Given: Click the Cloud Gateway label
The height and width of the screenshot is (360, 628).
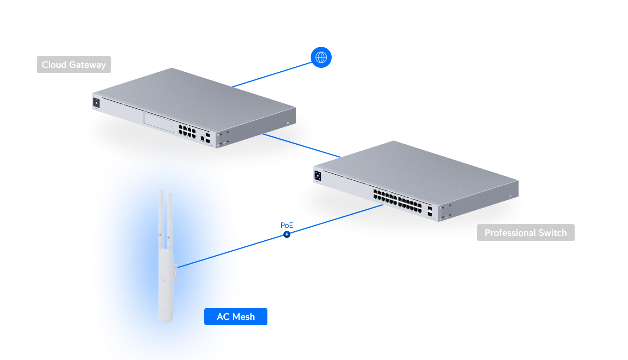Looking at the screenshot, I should [74, 65].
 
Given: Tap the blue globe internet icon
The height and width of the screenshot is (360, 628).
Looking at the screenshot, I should [321, 57].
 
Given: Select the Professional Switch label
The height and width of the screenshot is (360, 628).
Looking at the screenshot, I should [525, 233].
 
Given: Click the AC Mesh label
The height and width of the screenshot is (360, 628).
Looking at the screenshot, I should [236, 317].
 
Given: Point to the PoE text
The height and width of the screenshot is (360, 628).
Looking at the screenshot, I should [287, 225].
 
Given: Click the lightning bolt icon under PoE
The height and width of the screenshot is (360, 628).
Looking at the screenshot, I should [287, 234].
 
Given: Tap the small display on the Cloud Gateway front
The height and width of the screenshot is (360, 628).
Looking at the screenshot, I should [96, 103].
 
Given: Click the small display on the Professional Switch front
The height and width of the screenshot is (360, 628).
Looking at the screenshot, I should [318, 175].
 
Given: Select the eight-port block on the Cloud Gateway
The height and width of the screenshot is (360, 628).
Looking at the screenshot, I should [187, 131].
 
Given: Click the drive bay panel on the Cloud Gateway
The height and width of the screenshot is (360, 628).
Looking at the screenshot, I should [159, 122].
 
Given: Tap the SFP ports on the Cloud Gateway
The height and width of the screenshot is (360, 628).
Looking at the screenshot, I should [208, 138].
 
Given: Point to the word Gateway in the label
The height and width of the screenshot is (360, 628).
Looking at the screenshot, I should [87, 65].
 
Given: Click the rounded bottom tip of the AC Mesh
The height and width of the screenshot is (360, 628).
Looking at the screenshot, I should [166, 320].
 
